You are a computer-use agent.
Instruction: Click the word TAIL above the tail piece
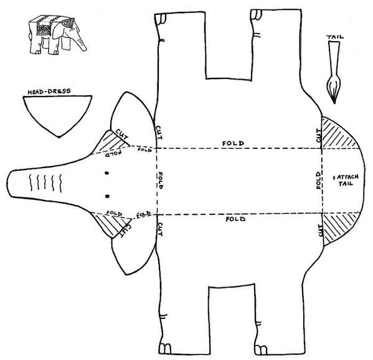pos(335,37)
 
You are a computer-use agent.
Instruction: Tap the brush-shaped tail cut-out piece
pos(334,72)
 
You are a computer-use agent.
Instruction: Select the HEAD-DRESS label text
pos(49,92)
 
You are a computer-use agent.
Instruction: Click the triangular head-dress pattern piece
pos(57,112)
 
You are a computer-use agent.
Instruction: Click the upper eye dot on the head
pos(107,173)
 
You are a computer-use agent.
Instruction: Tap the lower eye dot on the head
pos(107,196)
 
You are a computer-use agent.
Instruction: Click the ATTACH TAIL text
pos(346,180)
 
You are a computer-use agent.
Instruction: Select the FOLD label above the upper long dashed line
pos(233,143)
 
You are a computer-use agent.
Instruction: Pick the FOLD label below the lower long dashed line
pos(235,219)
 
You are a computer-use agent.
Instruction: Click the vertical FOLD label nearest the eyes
pos(161,181)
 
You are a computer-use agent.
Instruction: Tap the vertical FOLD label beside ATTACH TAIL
pos(319,179)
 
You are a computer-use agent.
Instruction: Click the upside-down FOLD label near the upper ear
pos(113,153)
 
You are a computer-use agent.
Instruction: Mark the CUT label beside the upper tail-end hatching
pos(318,135)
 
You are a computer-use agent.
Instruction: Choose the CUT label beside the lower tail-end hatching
pos(321,231)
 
